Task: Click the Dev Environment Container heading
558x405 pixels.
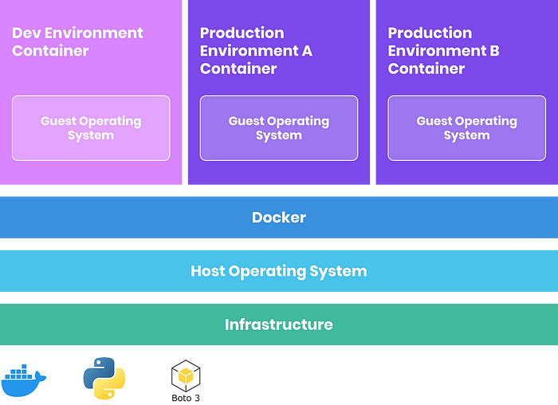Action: tap(77, 41)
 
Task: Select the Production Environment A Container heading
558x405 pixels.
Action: tap(256, 50)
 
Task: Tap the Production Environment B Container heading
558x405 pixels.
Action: tap(444, 50)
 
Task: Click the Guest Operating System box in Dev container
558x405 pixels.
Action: tap(91, 128)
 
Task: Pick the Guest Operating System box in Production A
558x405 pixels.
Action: tap(279, 128)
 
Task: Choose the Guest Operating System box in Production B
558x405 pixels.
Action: tap(467, 128)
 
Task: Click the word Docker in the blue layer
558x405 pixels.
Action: tap(279, 218)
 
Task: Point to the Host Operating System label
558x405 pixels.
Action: tap(279, 271)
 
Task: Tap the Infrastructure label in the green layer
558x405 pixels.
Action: tap(279, 324)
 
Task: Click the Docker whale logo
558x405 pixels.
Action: tap(24, 380)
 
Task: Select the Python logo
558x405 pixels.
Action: tap(104, 377)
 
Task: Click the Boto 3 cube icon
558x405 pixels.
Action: tap(186, 375)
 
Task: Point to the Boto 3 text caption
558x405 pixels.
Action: tap(186, 397)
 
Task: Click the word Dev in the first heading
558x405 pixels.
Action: tap(28, 33)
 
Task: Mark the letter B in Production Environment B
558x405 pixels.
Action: tap(494, 51)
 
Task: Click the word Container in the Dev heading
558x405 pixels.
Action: tap(50, 51)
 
